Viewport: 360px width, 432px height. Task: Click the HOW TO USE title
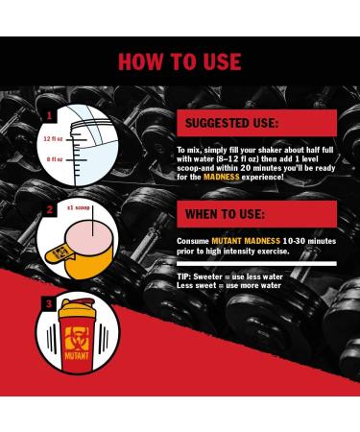point(180,61)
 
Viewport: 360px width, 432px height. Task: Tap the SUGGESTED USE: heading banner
point(256,123)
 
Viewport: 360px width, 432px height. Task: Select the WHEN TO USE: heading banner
point(256,214)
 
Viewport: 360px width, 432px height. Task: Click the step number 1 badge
point(49,115)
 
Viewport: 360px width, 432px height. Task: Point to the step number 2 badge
point(49,210)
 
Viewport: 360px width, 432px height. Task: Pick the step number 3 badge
point(48,303)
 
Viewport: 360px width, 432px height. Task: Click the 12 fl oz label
point(53,139)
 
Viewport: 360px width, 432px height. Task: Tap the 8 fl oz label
point(55,159)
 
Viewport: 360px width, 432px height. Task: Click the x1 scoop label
point(79,207)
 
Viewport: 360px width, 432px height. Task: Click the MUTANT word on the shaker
point(77,356)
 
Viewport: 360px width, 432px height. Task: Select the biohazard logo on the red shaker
point(77,339)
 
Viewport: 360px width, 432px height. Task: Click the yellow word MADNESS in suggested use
point(222,177)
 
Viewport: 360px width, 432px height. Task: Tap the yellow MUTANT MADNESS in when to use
point(246,241)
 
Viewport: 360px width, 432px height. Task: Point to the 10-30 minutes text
point(309,241)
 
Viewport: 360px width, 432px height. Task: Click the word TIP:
point(184,276)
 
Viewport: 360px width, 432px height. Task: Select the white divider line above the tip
point(256,264)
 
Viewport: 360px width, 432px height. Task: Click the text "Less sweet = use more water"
point(228,285)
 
